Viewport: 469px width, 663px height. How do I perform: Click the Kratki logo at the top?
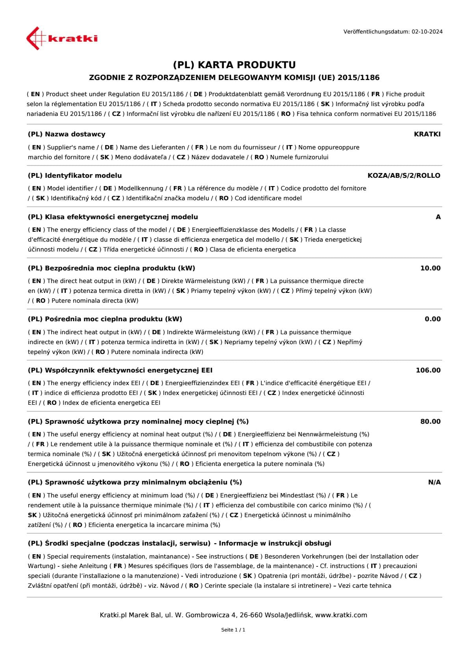click(x=62, y=38)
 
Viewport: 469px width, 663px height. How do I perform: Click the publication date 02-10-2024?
click(x=427, y=32)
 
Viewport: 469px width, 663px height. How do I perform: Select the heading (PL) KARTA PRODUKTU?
click(x=234, y=65)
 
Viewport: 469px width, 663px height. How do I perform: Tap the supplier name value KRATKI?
click(x=427, y=134)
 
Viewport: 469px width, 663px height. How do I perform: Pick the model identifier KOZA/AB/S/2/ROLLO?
click(x=404, y=175)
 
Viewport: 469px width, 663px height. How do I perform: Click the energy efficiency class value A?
click(x=438, y=217)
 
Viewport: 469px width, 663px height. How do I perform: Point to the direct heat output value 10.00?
click(x=430, y=268)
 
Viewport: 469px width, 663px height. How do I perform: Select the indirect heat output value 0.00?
click(x=432, y=319)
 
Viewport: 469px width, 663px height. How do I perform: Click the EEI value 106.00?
click(x=428, y=370)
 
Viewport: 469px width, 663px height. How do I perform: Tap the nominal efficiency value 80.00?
click(x=430, y=421)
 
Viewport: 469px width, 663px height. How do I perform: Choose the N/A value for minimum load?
click(x=434, y=482)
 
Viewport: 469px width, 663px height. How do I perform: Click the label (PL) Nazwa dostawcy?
click(x=67, y=134)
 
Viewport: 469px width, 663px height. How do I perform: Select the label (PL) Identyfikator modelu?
click(x=75, y=175)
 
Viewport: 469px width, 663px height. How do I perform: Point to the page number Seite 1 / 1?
click(x=233, y=630)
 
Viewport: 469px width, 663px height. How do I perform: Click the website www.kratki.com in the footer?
click(x=341, y=615)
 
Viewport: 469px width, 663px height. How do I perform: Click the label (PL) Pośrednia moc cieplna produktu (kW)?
click(x=105, y=319)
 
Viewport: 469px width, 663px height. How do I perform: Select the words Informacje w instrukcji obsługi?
click(x=275, y=543)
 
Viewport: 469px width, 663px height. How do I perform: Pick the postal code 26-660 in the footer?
click(x=251, y=615)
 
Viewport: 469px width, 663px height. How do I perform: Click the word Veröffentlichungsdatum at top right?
click(x=376, y=32)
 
